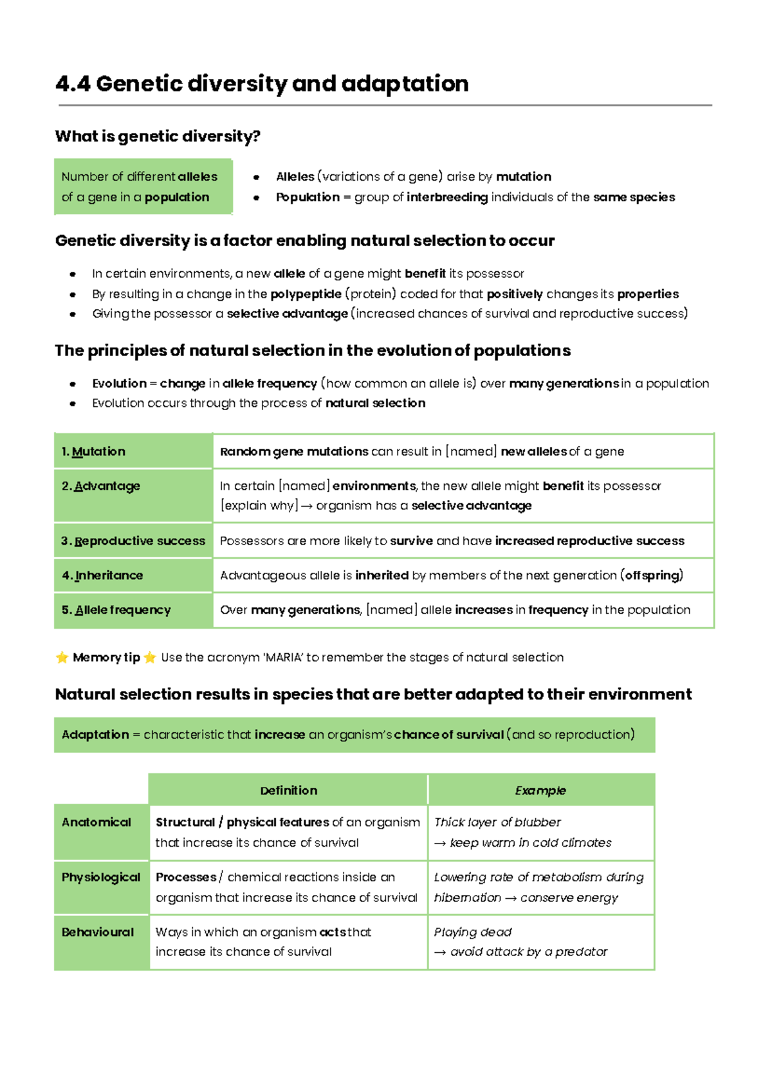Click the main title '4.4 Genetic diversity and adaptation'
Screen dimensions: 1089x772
click(x=262, y=84)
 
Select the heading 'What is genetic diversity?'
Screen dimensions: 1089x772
click(x=158, y=136)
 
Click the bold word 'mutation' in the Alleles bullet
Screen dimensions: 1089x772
click(x=523, y=177)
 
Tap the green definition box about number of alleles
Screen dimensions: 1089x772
click(x=143, y=186)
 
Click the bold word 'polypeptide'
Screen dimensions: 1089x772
click(x=306, y=294)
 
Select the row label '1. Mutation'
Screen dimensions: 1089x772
click(x=93, y=452)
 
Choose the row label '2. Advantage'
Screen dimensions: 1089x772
click(x=101, y=487)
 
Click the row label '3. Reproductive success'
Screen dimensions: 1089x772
click(x=133, y=541)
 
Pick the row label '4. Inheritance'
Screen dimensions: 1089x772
click(x=102, y=576)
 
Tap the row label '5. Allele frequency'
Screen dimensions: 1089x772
click(x=116, y=610)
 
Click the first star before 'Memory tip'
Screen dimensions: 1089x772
click(x=62, y=658)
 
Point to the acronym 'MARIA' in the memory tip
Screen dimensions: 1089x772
click(x=284, y=658)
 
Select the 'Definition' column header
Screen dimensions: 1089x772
click(x=288, y=791)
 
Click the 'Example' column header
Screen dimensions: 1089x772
click(x=540, y=791)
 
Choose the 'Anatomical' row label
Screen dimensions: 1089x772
click(x=96, y=822)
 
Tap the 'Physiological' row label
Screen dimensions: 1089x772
click(x=101, y=878)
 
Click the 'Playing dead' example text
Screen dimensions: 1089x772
click(x=473, y=932)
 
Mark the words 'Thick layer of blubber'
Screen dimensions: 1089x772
click(x=497, y=822)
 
